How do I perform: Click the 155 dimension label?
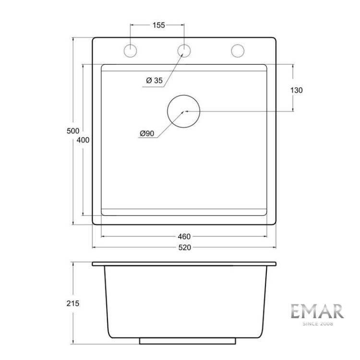(159, 25)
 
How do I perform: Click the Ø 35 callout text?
(154, 80)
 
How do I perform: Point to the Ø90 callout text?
(147, 133)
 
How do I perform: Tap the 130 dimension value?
(297, 90)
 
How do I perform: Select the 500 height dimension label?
(73, 131)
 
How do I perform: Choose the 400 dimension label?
(83, 140)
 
